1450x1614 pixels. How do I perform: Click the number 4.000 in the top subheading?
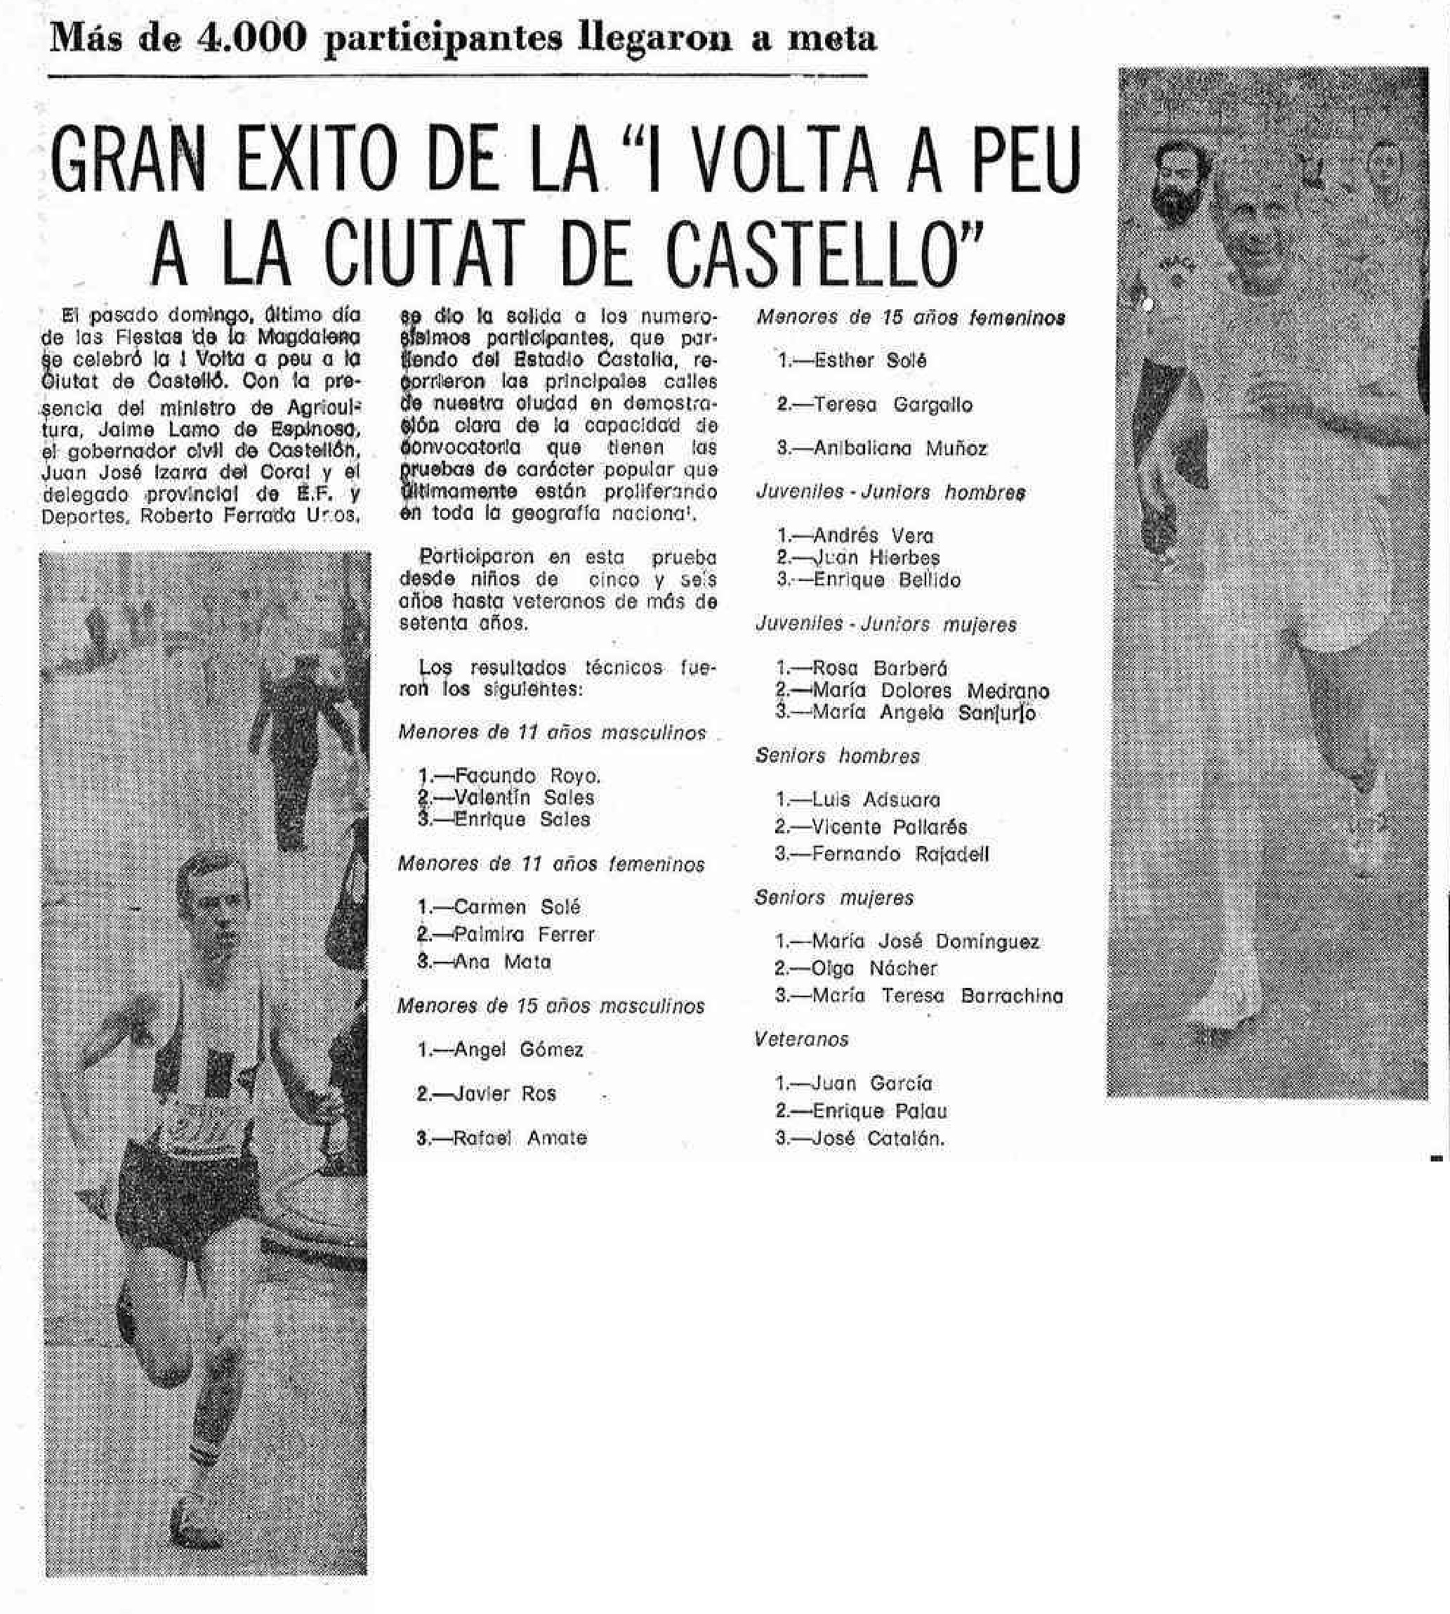[250, 38]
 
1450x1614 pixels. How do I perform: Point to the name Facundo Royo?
[527, 776]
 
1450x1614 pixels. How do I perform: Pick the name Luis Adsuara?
[876, 800]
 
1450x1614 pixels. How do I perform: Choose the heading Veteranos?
[801, 1039]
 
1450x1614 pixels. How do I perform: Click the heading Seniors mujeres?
[834, 898]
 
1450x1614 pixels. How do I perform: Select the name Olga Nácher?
[874, 968]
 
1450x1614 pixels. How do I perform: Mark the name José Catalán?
[877, 1138]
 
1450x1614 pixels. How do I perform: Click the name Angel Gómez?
[518, 1050]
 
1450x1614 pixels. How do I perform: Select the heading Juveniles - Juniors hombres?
[890, 493]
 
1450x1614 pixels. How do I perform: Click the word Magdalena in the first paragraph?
[309, 337]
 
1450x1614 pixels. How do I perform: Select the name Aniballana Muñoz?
[899, 449]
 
